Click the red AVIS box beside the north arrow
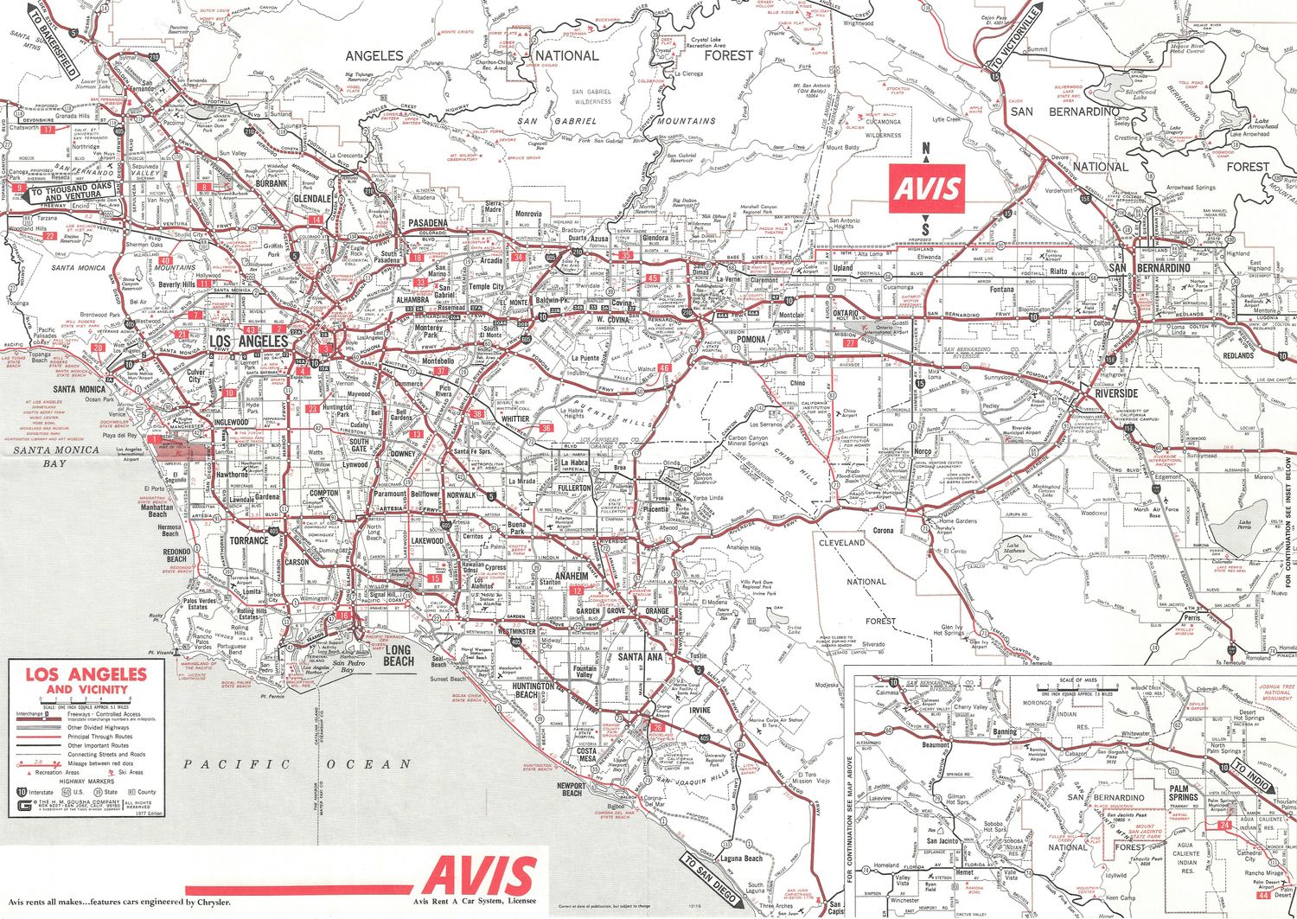(926, 188)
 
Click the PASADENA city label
(428, 223)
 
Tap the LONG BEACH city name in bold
(398, 655)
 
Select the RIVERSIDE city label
(1116, 393)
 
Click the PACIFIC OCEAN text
(297, 764)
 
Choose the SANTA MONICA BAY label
(56, 456)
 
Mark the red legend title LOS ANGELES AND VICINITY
(86, 680)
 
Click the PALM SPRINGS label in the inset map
(1183, 794)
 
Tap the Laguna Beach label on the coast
(741, 858)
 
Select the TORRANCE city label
(249, 540)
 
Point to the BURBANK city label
(272, 184)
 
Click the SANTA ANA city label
(641, 657)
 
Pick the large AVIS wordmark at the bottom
(479, 877)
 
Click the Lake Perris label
(1244, 527)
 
